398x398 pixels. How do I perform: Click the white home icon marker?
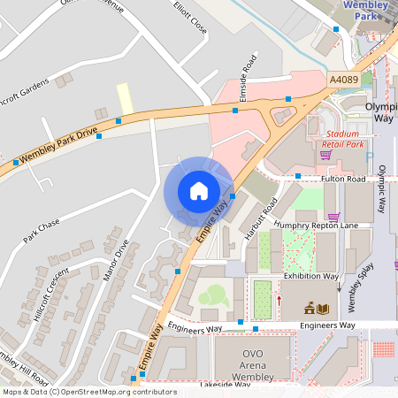[x=198, y=191]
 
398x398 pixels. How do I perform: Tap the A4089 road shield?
[x=343, y=80]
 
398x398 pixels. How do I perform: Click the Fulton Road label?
[x=343, y=180]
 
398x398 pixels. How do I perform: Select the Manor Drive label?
[x=116, y=260]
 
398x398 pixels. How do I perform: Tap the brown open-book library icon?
[x=323, y=308]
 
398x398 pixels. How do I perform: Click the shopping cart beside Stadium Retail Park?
[x=325, y=155]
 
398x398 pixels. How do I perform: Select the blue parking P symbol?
[x=370, y=157]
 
